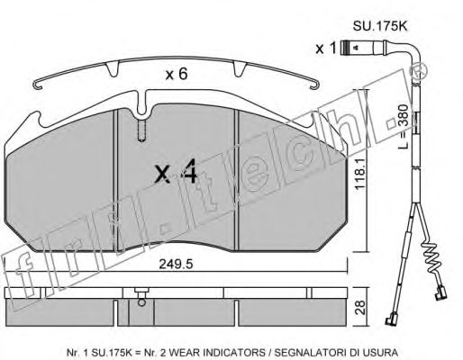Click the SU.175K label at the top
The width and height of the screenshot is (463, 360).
coord(379,26)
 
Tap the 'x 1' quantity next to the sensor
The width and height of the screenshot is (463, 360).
coord(325,48)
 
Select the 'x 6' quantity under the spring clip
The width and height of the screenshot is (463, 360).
coord(177,74)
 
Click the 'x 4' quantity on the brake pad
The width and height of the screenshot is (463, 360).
coord(176,171)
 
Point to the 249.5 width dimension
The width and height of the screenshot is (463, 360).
coord(176,264)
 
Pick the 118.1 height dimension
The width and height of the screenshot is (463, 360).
coord(359,174)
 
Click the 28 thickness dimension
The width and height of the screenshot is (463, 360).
coord(360,307)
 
